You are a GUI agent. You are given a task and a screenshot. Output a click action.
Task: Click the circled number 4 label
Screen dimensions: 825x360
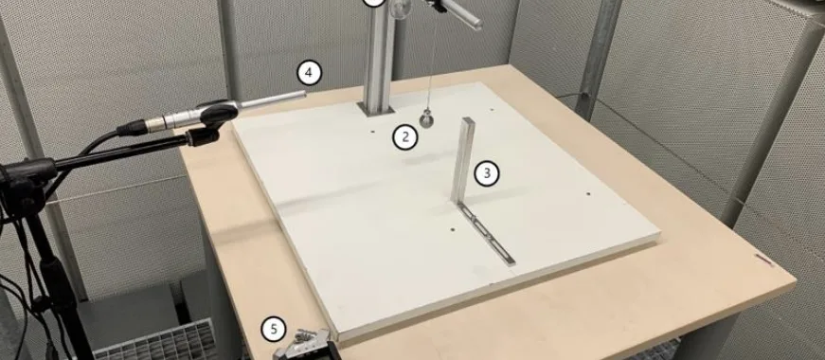[x=309, y=73]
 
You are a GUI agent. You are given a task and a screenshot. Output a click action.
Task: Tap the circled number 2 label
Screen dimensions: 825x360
[x=405, y=137]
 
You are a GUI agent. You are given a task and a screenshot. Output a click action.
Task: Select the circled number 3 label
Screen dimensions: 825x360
[x=487, y=173]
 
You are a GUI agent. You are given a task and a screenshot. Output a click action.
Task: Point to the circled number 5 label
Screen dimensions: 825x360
[x=274, y=330]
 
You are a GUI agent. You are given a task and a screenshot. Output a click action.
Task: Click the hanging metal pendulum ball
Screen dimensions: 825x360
[x=426, y=120]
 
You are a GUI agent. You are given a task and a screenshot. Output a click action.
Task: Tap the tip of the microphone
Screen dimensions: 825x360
[x=304, y=94]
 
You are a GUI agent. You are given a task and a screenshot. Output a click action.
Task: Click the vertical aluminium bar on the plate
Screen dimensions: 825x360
[x=462, y=160]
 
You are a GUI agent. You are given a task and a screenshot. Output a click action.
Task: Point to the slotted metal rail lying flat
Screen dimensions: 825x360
[x=486, y=234]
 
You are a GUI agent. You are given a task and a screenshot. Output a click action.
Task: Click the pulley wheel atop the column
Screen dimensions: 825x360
[x=402, y=9]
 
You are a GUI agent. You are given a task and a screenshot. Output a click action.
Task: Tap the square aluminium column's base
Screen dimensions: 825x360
[x=376, y=109]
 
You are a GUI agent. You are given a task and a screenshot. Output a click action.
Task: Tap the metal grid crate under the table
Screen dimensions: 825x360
[x=155, y=340]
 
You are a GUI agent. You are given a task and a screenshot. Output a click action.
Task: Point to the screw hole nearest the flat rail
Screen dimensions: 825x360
[x=453, y=229]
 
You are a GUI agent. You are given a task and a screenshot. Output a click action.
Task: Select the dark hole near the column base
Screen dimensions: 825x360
[x=372, y=132]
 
